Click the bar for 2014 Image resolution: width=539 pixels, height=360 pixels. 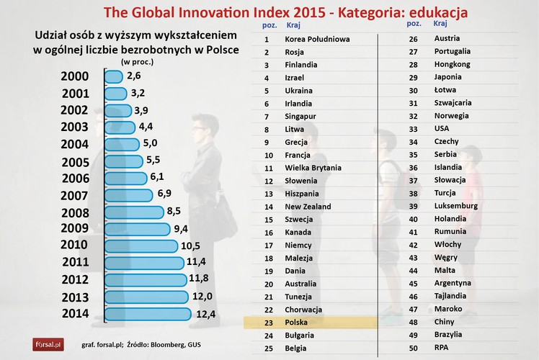coord(148,313)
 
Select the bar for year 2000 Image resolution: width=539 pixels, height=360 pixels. coord(114,76)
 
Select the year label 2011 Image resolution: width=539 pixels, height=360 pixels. coord(76,263)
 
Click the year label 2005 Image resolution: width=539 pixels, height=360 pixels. coord(76,161)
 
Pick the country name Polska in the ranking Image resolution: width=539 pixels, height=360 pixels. coord(297,323)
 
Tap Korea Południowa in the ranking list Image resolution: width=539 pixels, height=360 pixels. coord(318,40)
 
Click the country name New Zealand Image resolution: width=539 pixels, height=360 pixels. coord(308,207)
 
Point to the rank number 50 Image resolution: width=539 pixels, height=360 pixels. coord(414,348)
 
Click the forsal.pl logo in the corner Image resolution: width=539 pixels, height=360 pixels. coord(48,344)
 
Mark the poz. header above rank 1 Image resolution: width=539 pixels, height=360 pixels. coord(266,24)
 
